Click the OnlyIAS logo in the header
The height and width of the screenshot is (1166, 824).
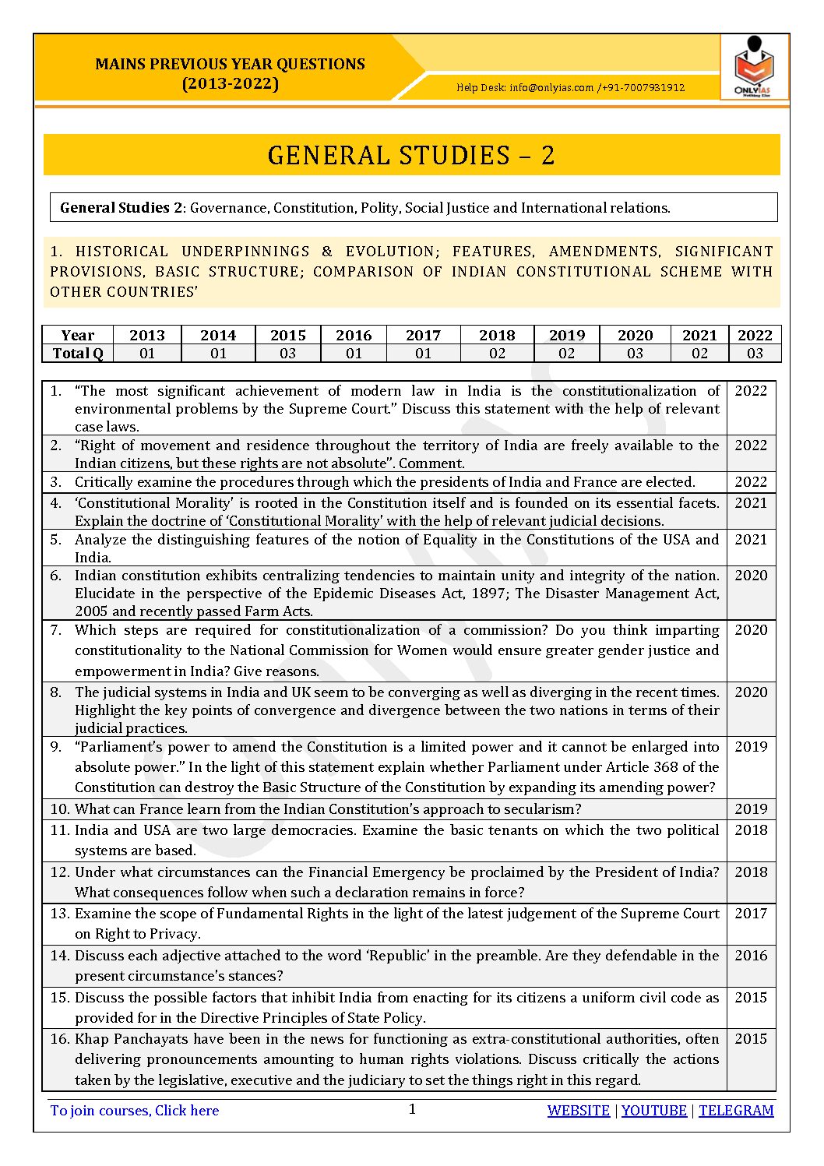click(753, 68)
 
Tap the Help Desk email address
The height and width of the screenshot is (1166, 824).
click(551, 88)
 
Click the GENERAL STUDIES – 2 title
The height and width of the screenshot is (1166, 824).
click(411, 155)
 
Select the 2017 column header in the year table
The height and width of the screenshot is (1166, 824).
click(423, 335)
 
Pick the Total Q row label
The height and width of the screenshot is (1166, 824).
click(78, 353)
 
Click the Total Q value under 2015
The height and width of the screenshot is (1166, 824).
click(288, 353)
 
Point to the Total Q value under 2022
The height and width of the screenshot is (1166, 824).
click(755, 353)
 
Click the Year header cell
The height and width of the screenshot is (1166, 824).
click(78, 335)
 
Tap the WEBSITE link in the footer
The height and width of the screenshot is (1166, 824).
click(578, 1111)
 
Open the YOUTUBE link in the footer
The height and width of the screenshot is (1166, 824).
click(654, 1111)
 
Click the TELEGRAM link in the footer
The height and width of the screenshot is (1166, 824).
click(736, 1111)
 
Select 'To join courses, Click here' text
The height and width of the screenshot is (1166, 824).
click(135, 1111)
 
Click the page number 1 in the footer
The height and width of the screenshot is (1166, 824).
click(413, 1109)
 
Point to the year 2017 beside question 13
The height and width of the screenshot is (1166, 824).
click(751, 913)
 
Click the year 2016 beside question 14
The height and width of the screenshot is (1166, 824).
click(751, 955)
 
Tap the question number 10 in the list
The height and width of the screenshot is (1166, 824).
click(59, 809)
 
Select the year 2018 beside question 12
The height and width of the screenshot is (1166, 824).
click(751, 872)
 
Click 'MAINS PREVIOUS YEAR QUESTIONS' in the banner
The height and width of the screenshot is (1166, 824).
click(230, 64)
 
